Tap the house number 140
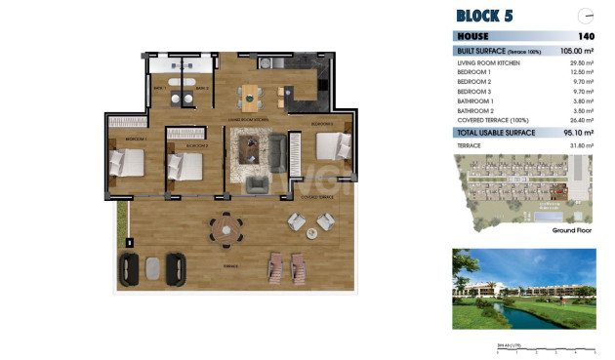tap(586, 36)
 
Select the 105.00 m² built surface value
tap(578, 50)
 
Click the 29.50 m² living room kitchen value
tap(582, 62)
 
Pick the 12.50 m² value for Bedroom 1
tap(582, 72)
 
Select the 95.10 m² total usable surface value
tap(579, 133)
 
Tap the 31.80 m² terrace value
tap(582, 144)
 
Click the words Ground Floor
tap(573, 231)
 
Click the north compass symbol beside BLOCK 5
tap(586, 16)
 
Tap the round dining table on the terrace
tap(226, 230)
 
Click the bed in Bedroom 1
tap(127, 163)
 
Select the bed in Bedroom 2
tap(185, 167)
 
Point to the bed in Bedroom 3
tap(332, 146)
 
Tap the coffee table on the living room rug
tap(252, 148)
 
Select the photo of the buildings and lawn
tap(523, 289)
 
